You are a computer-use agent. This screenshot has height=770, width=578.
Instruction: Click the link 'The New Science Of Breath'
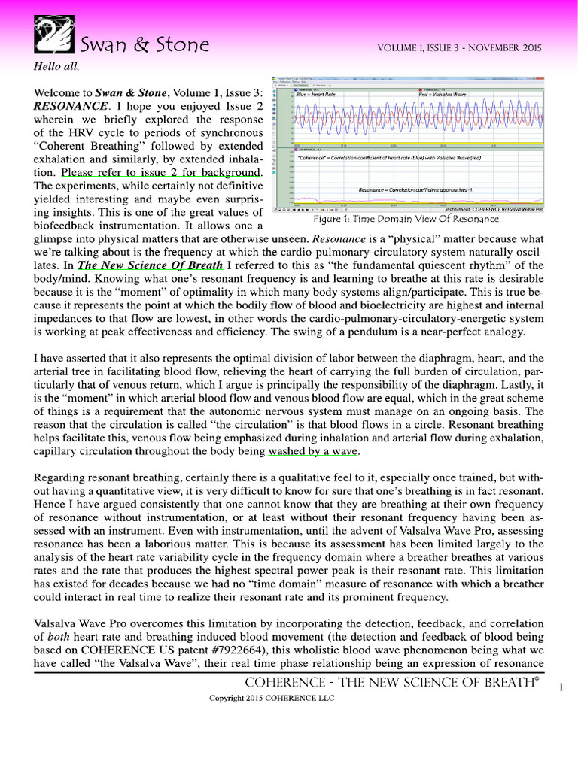150,265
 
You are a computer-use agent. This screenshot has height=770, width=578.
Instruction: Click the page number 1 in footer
561,687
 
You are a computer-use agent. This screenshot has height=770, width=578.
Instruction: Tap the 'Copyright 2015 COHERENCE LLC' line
271,698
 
